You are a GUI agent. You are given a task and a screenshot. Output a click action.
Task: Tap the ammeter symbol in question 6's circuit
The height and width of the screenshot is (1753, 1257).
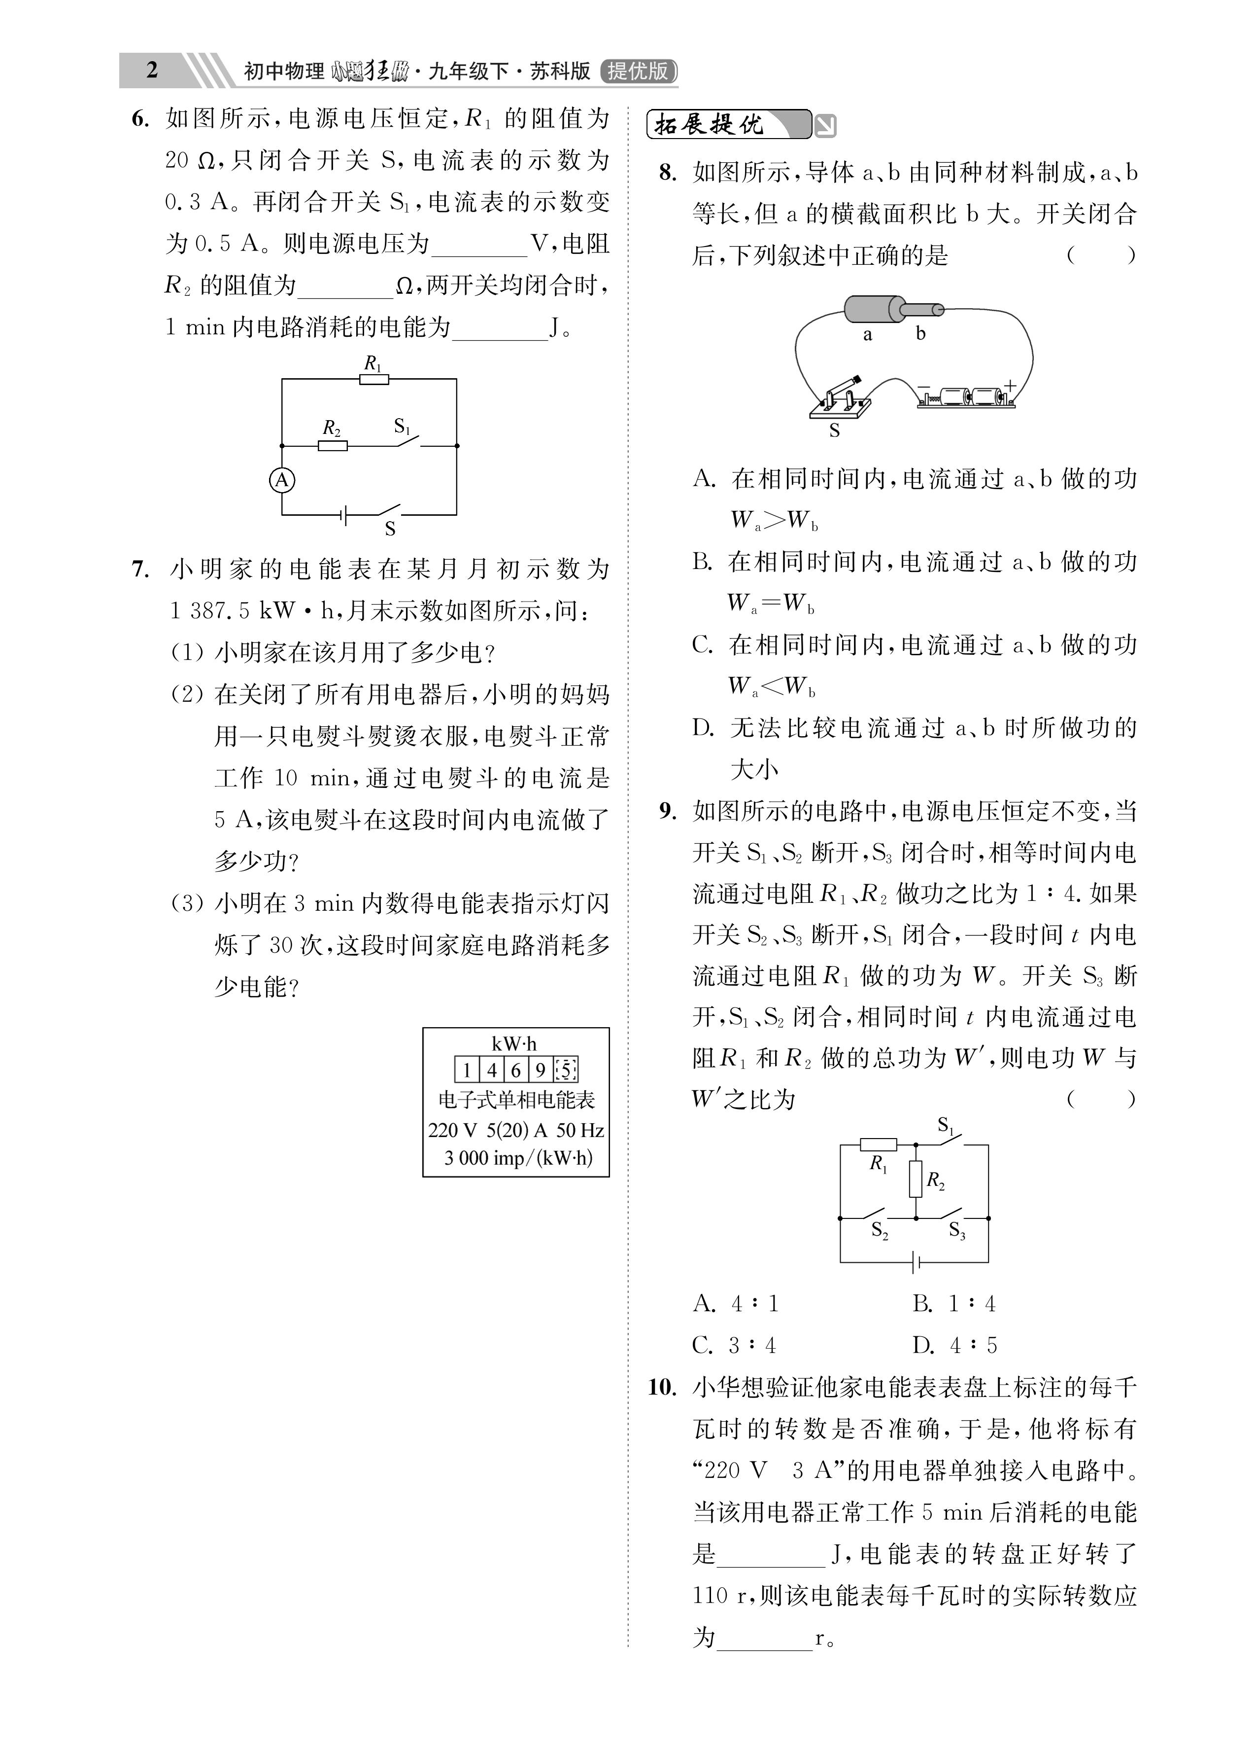pos(282,480)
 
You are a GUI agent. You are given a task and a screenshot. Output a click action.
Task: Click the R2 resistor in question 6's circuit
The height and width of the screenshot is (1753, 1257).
pos(333,445)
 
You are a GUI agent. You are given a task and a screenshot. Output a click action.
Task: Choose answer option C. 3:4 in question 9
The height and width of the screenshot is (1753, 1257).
pos(734,1346)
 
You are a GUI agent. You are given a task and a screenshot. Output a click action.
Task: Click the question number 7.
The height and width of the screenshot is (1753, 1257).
pos(140,570)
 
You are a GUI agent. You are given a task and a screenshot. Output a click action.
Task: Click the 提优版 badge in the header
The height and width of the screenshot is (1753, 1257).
pos(638,71)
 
